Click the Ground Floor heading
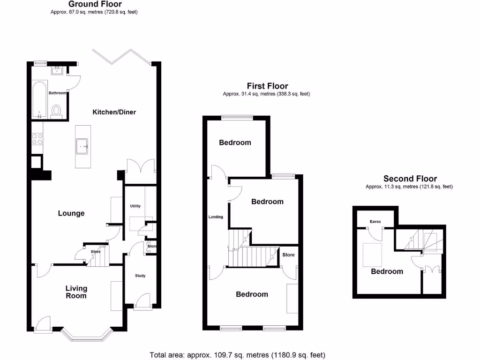[x=95, y=4]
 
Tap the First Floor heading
[x=267, y=86]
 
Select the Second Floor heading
[x=410, y=179]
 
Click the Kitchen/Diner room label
[x=114, y=112]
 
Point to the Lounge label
[x=71, y=213]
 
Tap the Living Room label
[x=76, y=292]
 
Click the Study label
[x=140, y=276]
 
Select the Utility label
[x=135, y=206]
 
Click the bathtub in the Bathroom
[x=39, y=100]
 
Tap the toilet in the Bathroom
[x=57, y=111]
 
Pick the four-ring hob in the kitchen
[x=37, y=139]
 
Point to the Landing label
[x=216, y=217]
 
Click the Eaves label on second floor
[x=375, y=222]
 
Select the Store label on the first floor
[x=288, y=255]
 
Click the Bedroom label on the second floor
[x=387, y=271]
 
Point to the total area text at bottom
[x=237, y=355]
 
